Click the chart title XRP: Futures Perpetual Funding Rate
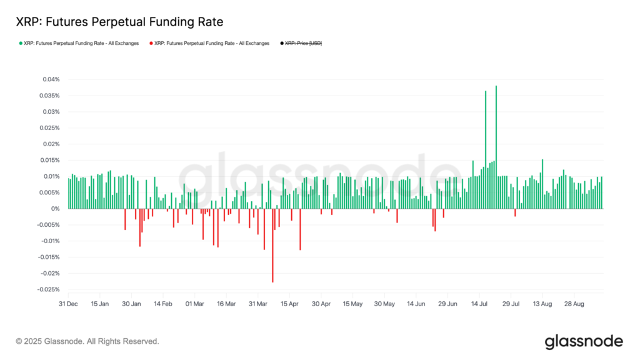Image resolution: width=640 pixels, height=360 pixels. pyautogui.click(x=119, y=22)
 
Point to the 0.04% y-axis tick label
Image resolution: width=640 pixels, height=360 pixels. pyautogui.click(x=51, y=79)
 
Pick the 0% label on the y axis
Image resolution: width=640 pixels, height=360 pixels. pyautogui.click(x=55, y=209)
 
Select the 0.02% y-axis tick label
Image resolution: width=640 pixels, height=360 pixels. pyautogui.click(x=51, y=144)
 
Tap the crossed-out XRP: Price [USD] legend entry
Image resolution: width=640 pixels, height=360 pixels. pyautogui.click(x=303, y=43)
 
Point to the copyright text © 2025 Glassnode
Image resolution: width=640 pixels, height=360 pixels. pyautogui.click(x=87, y=341)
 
